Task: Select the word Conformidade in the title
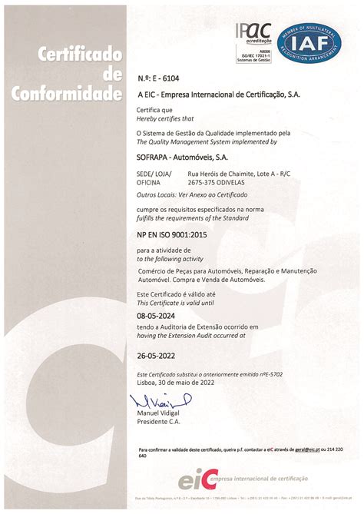[x=67, y=95]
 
